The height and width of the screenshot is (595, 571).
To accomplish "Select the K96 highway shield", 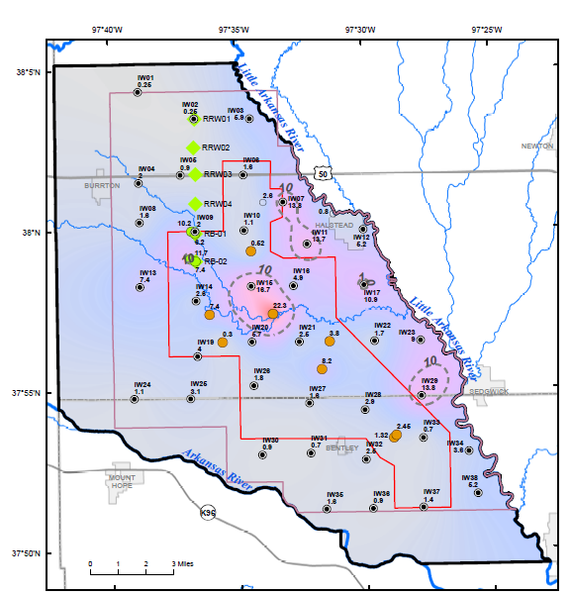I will (207, 513).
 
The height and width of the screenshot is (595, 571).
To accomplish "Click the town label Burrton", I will (102, 185).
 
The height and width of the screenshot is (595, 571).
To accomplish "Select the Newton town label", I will (536, 147).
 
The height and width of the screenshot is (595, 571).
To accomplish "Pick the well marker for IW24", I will (135, 399).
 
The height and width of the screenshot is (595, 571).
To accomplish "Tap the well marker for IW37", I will (424, 506).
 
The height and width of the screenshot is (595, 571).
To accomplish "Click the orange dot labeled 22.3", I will (273, 314).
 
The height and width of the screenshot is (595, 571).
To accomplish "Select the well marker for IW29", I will (422, 395).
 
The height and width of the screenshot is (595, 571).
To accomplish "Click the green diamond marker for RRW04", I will (195, 205).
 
